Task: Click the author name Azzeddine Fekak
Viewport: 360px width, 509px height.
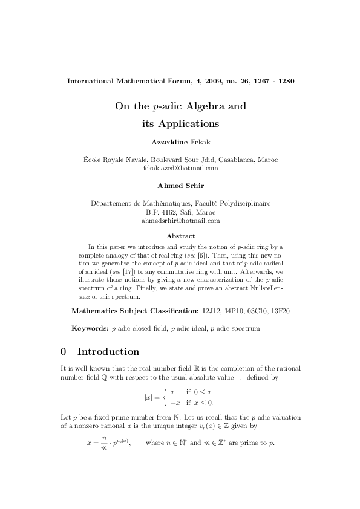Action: pyautogui.click(x=180, y=144)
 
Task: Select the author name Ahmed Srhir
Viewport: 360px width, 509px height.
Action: pyautogui.click(x=180, y=184)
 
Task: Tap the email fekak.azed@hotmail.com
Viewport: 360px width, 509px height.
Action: pyautogui.click(x=180, y=168)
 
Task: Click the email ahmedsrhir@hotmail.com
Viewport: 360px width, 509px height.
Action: pyautogui.click(x=180, y=221)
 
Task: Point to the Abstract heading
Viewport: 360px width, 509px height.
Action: pyautogui.click(x=180, y=236)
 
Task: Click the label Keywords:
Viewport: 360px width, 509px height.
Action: pyautogui.click(x=90, y=328)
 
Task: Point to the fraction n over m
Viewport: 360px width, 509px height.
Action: pyautogui.click(x=103, y=461)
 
